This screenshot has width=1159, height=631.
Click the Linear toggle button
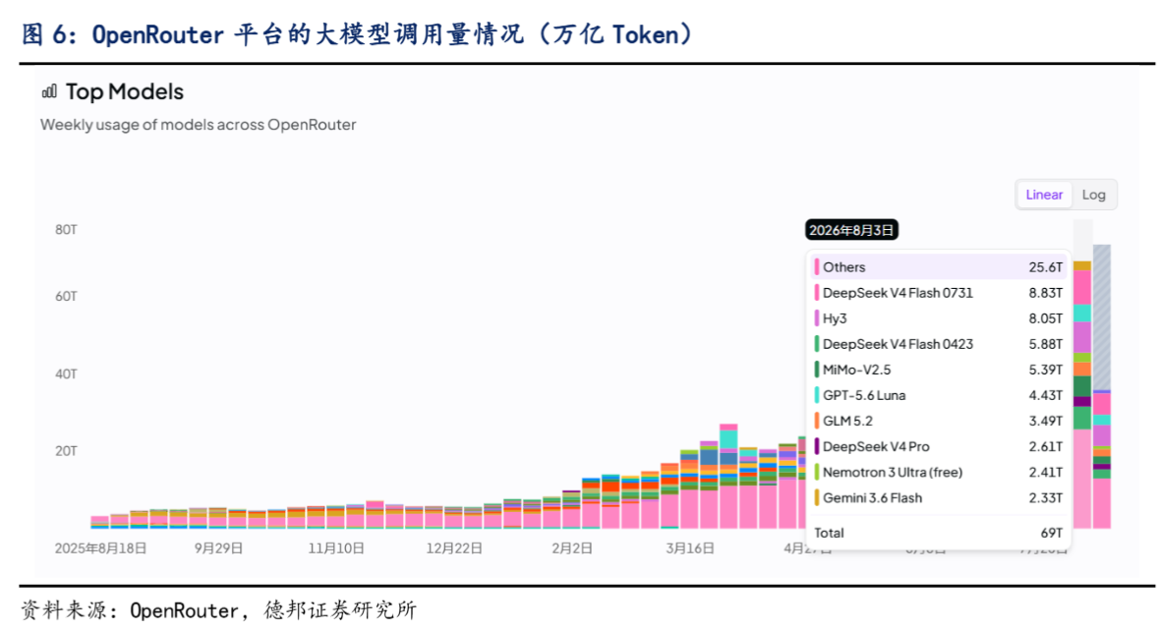1044,195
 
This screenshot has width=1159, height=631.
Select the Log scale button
1093,195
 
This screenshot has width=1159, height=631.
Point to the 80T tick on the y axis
66,230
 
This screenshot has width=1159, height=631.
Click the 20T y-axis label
66,451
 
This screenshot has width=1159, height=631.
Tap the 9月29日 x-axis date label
218,548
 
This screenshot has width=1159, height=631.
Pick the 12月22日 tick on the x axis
454,548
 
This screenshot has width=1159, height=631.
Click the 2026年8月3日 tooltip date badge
850,230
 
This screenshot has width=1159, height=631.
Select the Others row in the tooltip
939,266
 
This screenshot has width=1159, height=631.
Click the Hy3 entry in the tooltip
835,318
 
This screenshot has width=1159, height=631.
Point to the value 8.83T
1045,293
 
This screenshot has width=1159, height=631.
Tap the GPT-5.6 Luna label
863,395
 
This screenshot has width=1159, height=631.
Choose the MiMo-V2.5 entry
856,370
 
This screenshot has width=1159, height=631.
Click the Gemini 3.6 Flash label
872,498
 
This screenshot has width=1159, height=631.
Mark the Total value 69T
1051,533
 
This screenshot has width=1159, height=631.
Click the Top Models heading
124,91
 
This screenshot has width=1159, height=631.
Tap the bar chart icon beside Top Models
49,91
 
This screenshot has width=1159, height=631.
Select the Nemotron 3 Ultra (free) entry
893,472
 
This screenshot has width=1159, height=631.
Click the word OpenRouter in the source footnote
183,610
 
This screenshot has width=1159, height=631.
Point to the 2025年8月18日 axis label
100,548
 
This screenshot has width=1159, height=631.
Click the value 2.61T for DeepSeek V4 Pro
1045,446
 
